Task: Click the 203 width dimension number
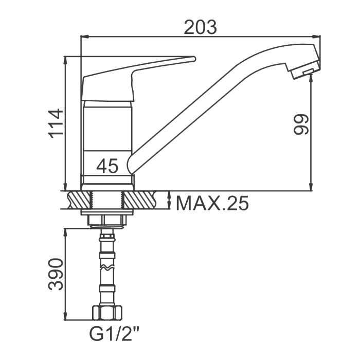(200, 27)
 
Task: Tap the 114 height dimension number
(56, 123)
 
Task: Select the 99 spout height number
(301, 124)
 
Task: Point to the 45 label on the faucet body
(107, 166)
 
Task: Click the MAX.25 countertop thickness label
(212, 203)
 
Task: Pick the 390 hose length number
(56, 274)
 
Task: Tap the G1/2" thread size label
(114, 334)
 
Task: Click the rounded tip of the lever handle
(194, 59)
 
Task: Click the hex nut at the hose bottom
(107, 312)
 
